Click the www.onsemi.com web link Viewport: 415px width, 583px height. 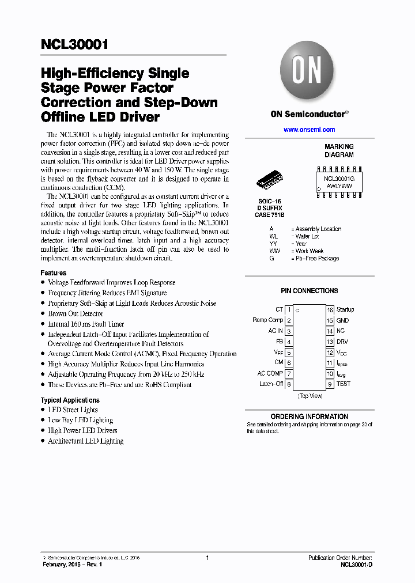pos(309,130)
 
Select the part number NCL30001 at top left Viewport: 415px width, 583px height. pos(74,46)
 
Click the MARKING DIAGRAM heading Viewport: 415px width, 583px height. pos(339,151)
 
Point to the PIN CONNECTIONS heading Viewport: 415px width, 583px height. pos(309,291)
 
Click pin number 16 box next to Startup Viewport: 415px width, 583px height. pos(330,310)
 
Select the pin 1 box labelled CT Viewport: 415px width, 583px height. pos(289,310)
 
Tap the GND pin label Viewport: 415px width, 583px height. pos(343,320)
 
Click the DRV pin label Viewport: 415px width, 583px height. pos(343,342)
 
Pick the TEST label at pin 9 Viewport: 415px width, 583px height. pos(344,384)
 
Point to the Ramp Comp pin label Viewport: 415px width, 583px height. pos(267,320)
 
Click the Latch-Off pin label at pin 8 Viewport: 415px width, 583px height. pos(271,384)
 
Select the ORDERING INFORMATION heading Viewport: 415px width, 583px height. pos(309,417)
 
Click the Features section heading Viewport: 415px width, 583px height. pos(53,273)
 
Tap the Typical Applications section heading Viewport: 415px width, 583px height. pos(70,400)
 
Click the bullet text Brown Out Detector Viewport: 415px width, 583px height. pos(76,314)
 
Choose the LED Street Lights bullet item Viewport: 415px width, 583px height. pos(73,410)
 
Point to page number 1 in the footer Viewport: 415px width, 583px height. pos(207,558)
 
